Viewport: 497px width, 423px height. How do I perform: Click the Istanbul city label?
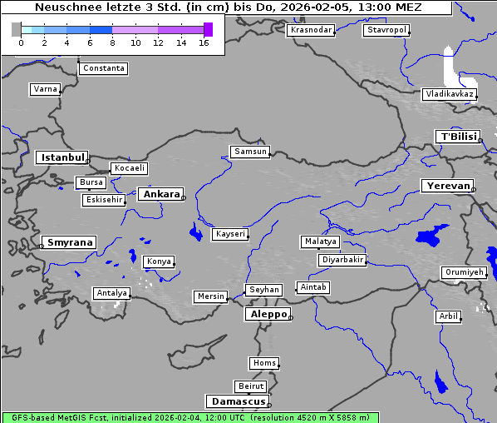[62, 157]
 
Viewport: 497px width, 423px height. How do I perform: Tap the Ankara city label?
[160, 194]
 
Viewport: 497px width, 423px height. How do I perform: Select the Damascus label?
[237, 401]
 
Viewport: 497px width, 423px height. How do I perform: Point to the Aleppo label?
[267, 315]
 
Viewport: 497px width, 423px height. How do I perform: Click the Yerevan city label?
[446, 186]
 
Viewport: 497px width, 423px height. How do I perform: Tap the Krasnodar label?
[311, 30]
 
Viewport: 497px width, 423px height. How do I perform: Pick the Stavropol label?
[386, 30]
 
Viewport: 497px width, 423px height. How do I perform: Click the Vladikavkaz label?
[450, 94]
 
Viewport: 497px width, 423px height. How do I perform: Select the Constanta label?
[104, 68]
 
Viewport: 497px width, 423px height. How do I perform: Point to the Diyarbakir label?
[342, 260]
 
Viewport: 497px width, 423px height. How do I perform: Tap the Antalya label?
[111, 293]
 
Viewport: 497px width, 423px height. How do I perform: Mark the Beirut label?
[250, 386]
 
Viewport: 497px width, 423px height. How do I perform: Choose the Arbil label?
[448, 316]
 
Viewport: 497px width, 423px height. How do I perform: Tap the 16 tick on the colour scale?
[204, 43]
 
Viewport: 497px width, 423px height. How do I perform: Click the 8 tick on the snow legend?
[112, 43]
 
